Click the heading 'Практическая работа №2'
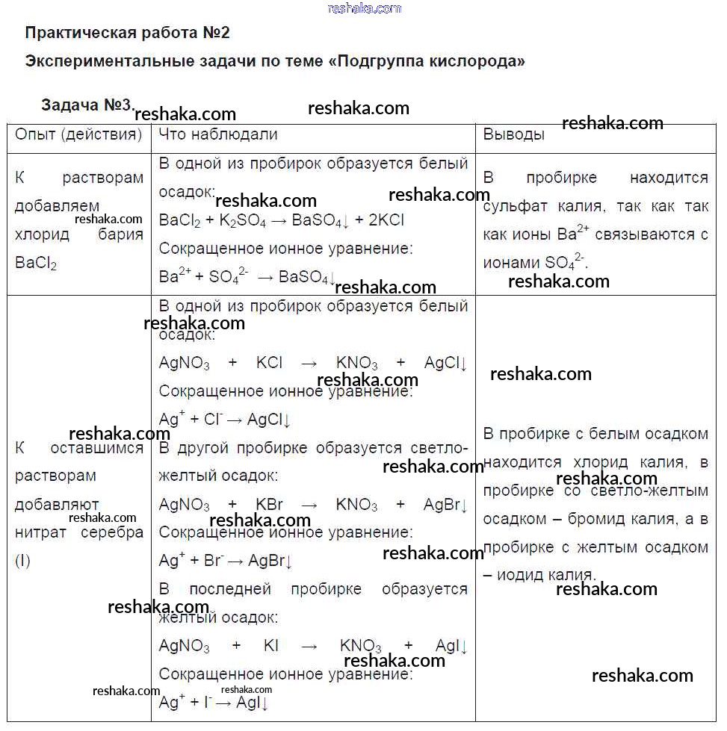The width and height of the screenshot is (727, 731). point(128,33)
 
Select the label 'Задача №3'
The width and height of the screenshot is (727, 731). point(87,105)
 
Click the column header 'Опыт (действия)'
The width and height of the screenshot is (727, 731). point(78,134)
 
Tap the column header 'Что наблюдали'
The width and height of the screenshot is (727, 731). point(218,134)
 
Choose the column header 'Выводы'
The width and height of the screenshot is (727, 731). point(513,135)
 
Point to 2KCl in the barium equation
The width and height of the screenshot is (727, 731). point(387,220)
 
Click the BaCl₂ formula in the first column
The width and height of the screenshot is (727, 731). point(36,264)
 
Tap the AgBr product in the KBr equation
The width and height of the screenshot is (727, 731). point(445,505)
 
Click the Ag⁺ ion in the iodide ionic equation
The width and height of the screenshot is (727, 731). point(171,702)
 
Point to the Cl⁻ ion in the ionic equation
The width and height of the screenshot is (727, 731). point(213,420)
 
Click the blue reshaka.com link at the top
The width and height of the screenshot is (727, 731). point(364,8)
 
